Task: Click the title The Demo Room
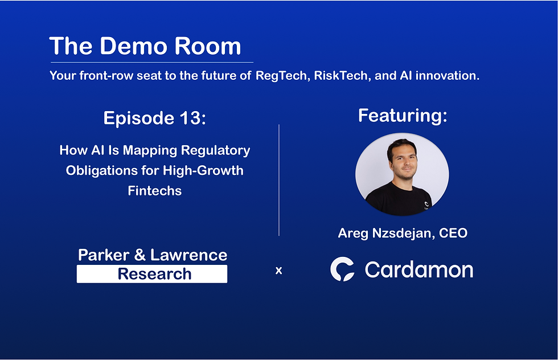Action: [145, 46]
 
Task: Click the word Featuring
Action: [402, 116]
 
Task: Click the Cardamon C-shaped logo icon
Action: [342, 269]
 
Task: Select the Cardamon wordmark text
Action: [419, 269]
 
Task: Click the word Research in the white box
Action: [154, 274]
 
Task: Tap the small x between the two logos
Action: [278, 271]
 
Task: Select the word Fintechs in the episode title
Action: [155, 191]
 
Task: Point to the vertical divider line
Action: [279, 179]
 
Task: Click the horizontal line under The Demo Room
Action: [151, 62]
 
